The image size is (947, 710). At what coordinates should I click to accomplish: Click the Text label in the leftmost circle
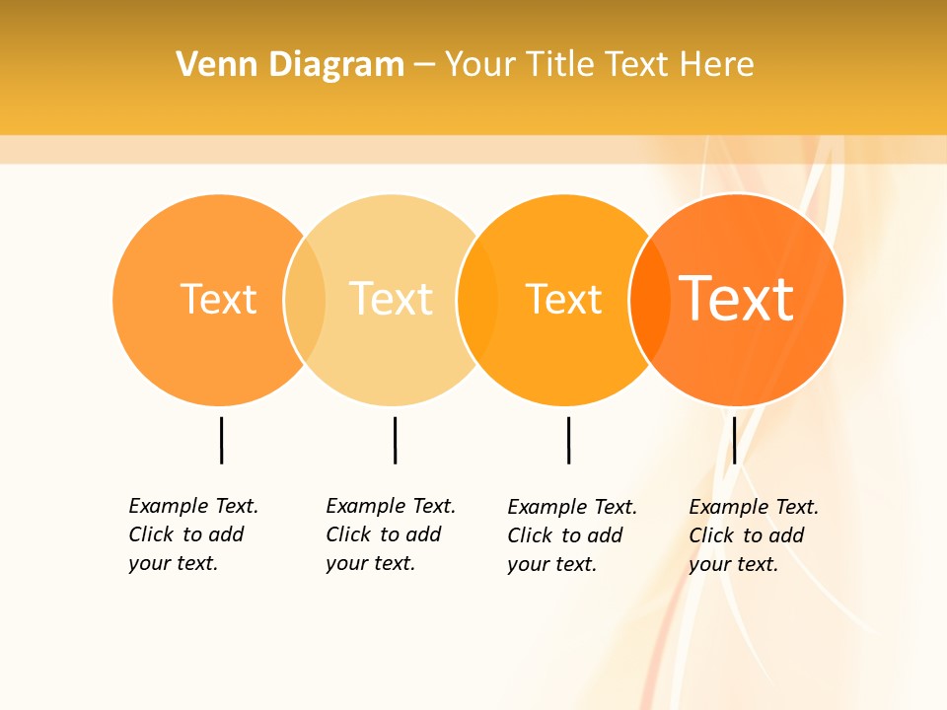pos(218,299)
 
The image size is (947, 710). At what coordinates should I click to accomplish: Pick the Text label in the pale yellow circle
pos(391,299)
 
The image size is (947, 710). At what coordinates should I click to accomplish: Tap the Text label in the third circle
pos(563,299)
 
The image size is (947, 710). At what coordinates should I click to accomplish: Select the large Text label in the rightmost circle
pos(737,299)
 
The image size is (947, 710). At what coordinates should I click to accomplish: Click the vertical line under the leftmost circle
pos(221,440)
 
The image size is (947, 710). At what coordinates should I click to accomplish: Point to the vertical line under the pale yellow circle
pos(395,440)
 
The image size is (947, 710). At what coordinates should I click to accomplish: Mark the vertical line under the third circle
pos(568,440)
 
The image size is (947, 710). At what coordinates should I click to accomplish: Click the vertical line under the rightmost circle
pos(734,440)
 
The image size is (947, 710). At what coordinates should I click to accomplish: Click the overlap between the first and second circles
pos(305,299)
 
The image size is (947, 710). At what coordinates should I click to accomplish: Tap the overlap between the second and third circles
pos(477,299)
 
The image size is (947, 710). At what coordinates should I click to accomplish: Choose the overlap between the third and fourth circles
pos(650,299)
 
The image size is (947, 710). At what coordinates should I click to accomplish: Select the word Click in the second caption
pos(348,534)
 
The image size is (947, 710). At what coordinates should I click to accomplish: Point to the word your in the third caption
pos(528,564)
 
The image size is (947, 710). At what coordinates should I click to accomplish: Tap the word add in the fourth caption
pos(787,535)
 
